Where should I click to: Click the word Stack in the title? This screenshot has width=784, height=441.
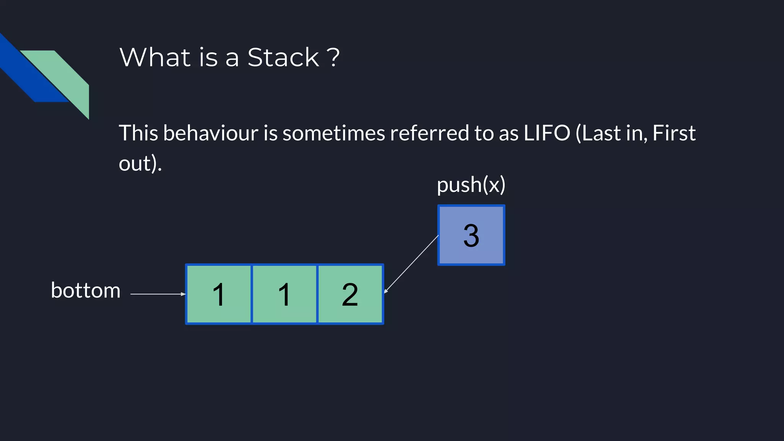pyautogui.click(x=283, y=58)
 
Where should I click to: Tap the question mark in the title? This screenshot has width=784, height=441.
pyautogui.click(x=333, y=58)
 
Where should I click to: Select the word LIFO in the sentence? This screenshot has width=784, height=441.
pyautogui.click(x=547, y=133)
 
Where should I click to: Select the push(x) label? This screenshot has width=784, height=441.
pyautogui.click(x=471, y=185)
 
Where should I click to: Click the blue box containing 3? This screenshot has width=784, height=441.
pyautogui.click(x=471, y=235)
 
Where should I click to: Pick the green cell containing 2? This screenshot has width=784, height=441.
pyautogui.click(x=350, y=294)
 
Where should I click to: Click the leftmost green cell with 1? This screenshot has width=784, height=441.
pyautogui.click(x=219, y=294)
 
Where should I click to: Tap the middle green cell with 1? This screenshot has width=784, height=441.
pyautogui.click(x=284, y=294)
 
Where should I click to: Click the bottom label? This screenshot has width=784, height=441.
pyautogui.click(x=86, y=290)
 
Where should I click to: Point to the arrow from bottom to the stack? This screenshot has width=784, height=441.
pyautogui.click(x=157, y=294)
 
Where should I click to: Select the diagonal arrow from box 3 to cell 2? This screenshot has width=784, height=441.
pyautogui.click(x=412, y=264)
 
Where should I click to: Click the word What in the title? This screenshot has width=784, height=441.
pyautogui.click(x=155, y=58)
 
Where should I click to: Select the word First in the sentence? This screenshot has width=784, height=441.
pyautogui.click(x=674, y=133)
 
